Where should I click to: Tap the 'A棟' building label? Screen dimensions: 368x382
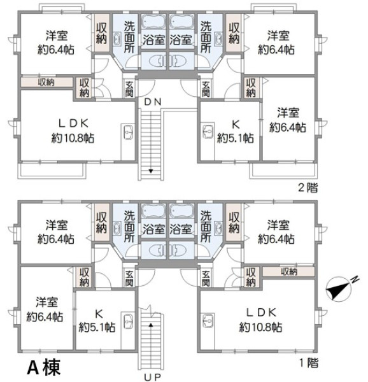(x=43, y=367)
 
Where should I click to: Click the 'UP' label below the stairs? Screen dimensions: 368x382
(x=152, y=378)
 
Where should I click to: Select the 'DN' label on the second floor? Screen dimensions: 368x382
(x=153, y=102)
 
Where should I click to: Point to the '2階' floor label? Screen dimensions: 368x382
(x=308, y=188)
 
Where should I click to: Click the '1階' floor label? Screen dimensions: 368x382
(x=309, y=363)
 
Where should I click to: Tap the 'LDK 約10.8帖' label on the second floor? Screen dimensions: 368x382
(x=73, y=131)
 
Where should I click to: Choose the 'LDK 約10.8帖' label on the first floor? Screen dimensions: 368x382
(x=261, y=320)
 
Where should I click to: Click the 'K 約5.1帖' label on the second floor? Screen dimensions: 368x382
(x=236, y=131)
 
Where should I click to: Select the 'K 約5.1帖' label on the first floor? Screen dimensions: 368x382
(x=97, y=320)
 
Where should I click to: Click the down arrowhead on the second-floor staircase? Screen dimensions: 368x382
(x=151, y=171)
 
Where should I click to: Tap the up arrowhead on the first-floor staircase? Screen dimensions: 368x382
(x=151, y=325)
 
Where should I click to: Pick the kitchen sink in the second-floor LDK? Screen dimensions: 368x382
(x=128, y=132)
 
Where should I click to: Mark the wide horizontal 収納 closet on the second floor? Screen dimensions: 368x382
(x=47, y=82)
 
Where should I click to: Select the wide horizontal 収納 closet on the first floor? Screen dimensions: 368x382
(x=288, y=271)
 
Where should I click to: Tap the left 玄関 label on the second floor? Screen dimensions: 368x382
(x=129, y=88)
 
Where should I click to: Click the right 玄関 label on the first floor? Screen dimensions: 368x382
(x=206, y=278)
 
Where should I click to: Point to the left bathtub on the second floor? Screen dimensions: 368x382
(x=153, y=22)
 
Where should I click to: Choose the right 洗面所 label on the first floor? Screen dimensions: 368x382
(x=206, y=227)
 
